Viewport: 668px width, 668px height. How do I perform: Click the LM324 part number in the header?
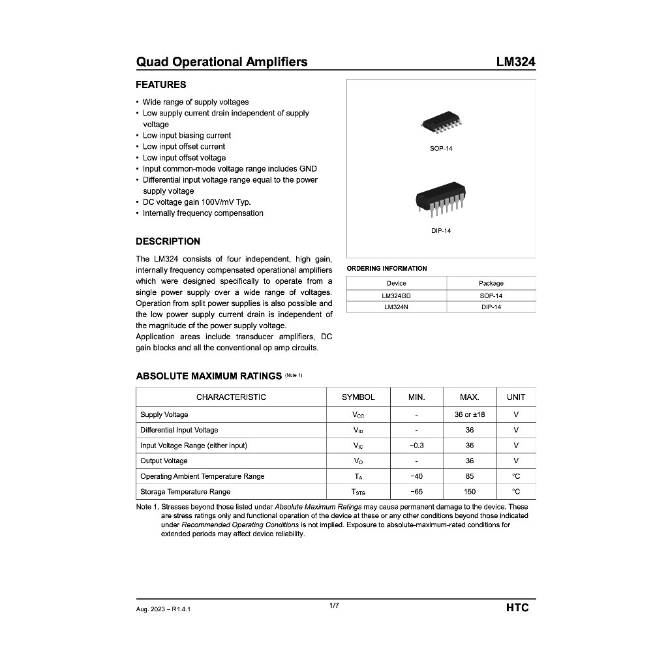[515, 62]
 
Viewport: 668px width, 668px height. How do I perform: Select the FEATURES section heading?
[160, 85]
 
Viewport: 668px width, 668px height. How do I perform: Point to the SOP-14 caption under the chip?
[441, 149]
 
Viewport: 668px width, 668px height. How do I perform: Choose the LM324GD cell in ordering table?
[396, 296]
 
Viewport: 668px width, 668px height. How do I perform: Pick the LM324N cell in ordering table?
[396, 307]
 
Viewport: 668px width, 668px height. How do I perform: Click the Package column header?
[491, 283]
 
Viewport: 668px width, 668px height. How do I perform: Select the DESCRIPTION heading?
[168, 241]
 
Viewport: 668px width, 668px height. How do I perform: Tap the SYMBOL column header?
[358, 397]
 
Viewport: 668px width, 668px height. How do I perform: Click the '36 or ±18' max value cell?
[470, 414]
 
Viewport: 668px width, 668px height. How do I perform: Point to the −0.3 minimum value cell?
[416, 446]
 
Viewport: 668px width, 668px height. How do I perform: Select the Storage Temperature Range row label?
[185, 492]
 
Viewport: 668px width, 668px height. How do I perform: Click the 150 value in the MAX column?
[470, 492]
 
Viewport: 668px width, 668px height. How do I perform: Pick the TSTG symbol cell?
[358, 492]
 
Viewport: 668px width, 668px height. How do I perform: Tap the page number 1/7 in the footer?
[334, 606]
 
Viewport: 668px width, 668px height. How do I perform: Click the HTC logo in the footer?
[517, 608]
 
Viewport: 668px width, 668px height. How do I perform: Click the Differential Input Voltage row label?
[179, 430]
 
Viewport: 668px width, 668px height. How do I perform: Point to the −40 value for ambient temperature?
[416, 476]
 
